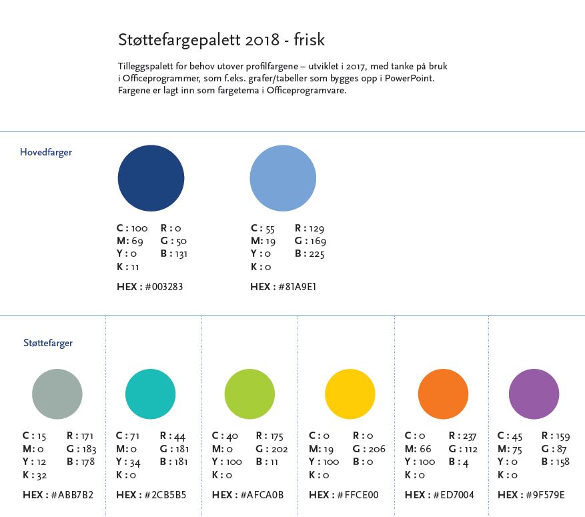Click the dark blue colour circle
coord(151,178)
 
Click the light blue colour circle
coord(283,178)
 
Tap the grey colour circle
coord(57,394)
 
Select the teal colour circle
coord(151,394)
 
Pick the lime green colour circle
coord(249,394)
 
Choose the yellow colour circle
coord(350,394)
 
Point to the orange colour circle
coord(443,394)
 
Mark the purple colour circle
coord(534,394)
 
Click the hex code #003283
coord(162,287)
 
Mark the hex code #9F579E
coord(544,495)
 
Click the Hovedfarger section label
coord(46,152)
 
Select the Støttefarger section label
coord(48,343)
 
